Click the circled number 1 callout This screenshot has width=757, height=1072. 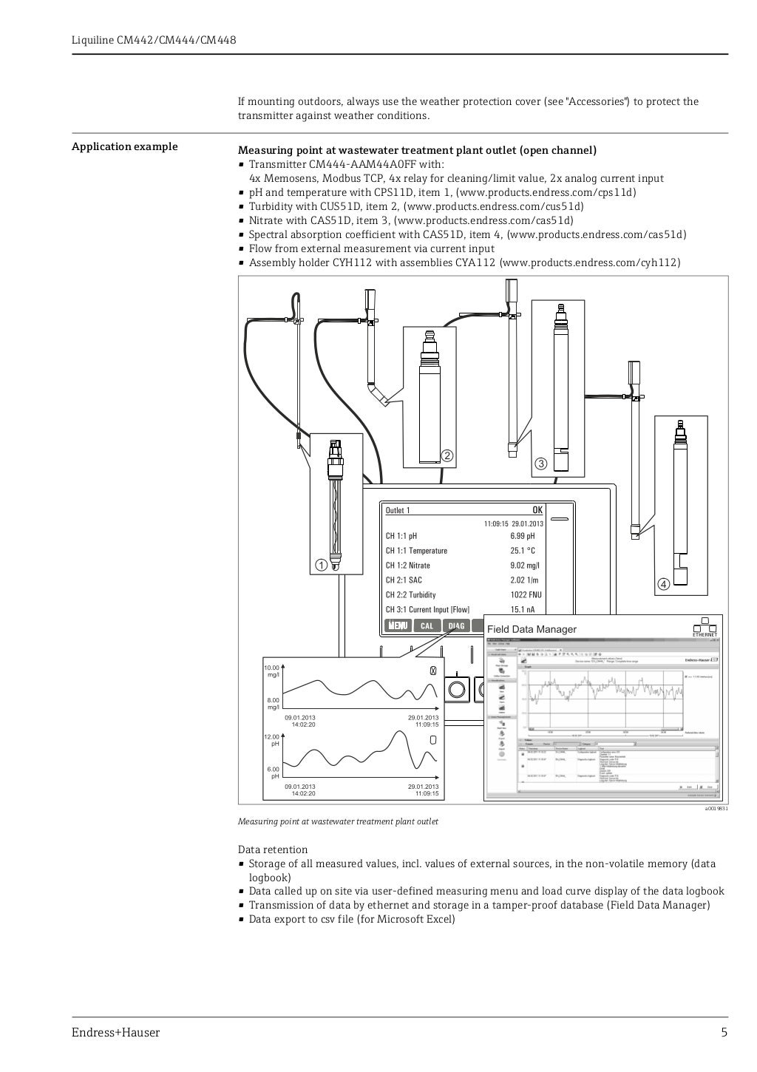point(321,565)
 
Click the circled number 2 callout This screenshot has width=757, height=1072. point(447,455)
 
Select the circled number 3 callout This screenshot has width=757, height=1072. point(540,464)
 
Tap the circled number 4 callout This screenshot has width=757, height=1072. point(663,584)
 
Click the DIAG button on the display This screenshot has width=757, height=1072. point(456,625)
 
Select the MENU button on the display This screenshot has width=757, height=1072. point(398,625)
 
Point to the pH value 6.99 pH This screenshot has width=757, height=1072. point(522,536)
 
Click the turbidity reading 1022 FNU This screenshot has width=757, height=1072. point(526,595)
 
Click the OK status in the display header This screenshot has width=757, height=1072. point(537,510)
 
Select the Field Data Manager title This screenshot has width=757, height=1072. point(532,629)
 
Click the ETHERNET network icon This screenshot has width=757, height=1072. point(704,627)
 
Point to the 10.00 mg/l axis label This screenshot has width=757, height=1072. point(272,671)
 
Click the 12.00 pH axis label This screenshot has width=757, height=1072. point(272,740)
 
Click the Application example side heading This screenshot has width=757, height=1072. point(124,146)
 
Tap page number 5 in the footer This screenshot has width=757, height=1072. point(724,1033)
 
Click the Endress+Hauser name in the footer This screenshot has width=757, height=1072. point(115,1033)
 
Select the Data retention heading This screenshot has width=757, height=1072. point(273,849)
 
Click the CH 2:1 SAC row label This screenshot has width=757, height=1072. point(404,580)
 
